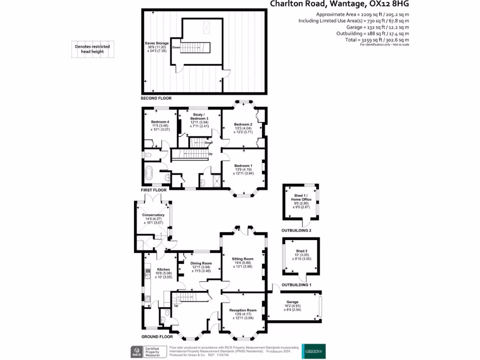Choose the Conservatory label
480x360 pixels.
153,215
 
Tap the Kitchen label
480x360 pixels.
163,270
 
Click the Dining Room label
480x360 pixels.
202,263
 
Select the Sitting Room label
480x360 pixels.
242,259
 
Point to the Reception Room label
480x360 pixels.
243,310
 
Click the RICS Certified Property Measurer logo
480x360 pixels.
148,352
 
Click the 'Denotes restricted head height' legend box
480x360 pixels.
92,49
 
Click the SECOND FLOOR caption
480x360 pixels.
156,98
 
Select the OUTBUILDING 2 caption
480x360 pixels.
296,231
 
